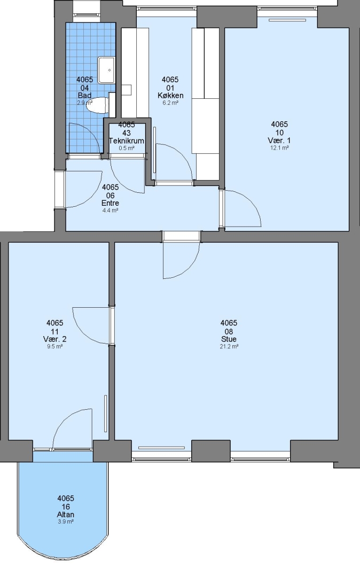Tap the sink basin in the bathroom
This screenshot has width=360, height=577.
click(x=107, y=69)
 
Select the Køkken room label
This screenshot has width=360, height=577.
click(x=170, y=96)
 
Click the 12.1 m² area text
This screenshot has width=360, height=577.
click(x=279, y=148)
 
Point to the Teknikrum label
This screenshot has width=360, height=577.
click(x=127, y=141)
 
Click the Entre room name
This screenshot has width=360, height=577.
click(x=111, y=203)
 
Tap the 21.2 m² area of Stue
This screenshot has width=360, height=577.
click(x=229, y=347)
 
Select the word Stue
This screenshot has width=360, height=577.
click(x=229, y=339)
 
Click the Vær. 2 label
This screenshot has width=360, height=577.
click(x=55, y=339)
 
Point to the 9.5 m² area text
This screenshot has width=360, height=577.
click(x=55, y=347)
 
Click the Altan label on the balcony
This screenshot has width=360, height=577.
click(x=66, y=514)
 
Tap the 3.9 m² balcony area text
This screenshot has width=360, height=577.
click(x=66, y=522)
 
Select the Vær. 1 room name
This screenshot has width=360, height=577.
click(x=279, y=141)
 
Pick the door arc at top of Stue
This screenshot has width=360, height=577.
click(x=191, y=267)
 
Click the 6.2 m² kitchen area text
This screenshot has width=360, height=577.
click(x=170, y=103)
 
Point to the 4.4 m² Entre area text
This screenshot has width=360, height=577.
click(x=111, y=210)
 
